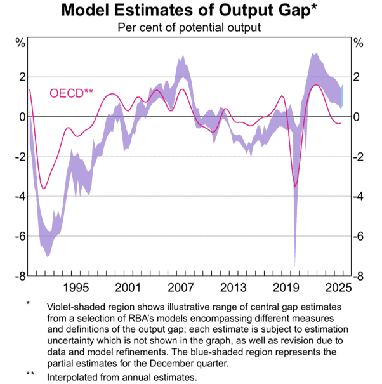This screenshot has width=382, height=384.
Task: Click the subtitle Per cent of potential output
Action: click(x=190, y=28)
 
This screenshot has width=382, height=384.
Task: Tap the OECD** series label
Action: click(x=71, y=94)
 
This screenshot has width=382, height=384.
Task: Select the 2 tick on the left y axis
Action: click(x=22, y=77)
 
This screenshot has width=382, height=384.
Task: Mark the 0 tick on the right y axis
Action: click(x=357, y=117)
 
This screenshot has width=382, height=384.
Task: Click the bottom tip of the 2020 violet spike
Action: click(x=294, y=265)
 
